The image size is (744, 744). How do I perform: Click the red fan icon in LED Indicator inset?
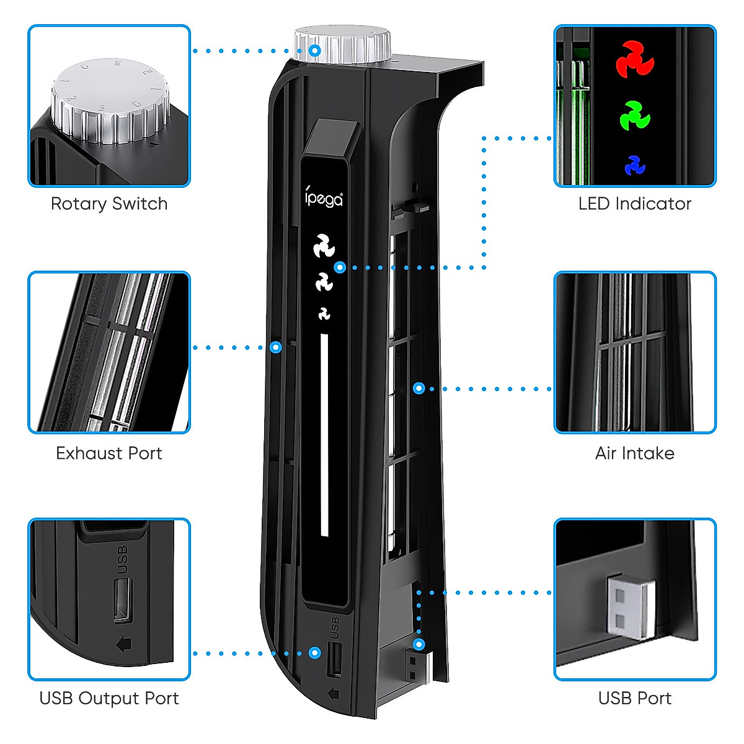tap(635, 60)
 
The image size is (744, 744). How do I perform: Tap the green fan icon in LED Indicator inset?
tap(635, 115)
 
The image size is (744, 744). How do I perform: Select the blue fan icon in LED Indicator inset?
tap(635, 166)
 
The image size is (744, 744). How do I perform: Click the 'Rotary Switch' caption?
tap(109, 203)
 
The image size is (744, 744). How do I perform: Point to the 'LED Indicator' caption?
tap(634, 203)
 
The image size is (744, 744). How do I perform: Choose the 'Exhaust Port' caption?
tap(109, 453)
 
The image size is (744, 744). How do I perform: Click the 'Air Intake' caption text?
tap(634, 453)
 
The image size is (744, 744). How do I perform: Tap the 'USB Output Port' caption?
tap(109, 698)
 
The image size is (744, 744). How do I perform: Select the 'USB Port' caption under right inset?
tap(634, 698)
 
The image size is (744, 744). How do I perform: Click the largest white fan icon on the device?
tap(324, 246)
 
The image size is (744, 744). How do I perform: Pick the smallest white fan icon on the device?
tap(324, 314)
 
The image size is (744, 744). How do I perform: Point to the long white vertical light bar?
tap(324, 434)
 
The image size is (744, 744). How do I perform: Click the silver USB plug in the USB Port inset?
tap(631, 608)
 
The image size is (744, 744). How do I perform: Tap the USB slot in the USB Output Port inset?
tap(122, 600)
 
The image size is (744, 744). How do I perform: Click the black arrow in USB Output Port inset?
tap(124, 644)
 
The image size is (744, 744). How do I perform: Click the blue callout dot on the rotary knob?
tap(315, 50)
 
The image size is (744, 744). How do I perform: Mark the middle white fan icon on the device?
tap(324, 283)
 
